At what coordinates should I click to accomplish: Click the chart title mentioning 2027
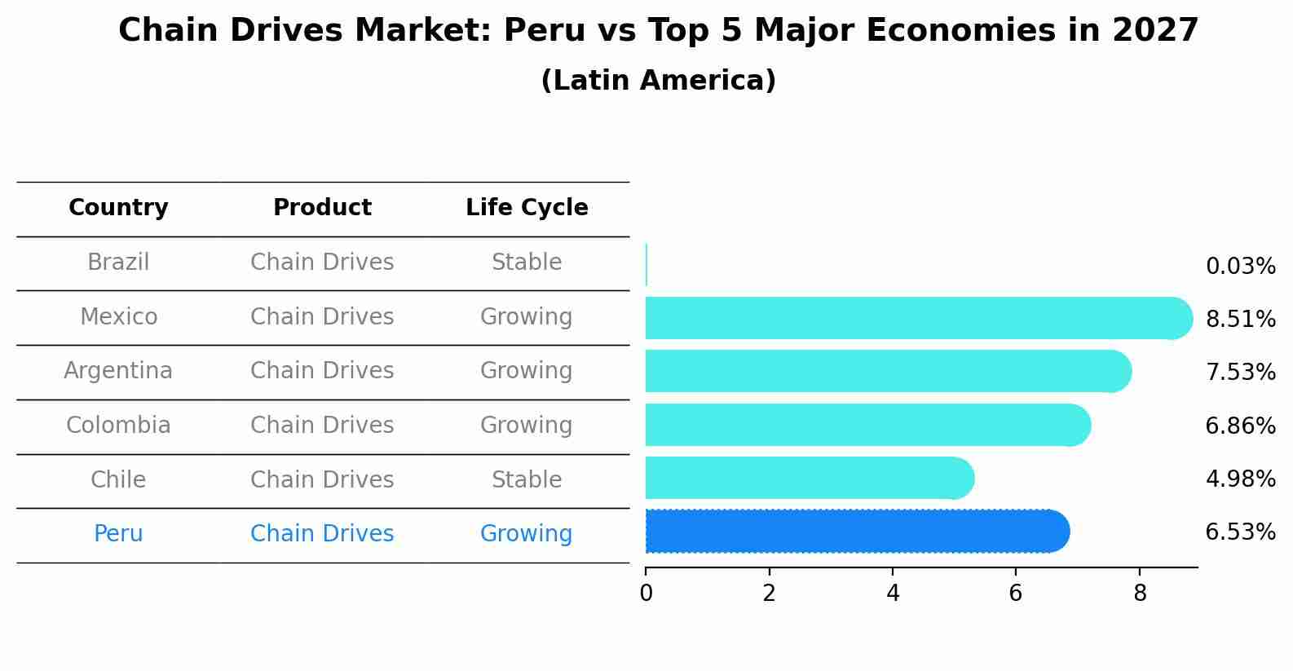coord(658,31)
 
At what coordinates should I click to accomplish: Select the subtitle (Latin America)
coord(658,81)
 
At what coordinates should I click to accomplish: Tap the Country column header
coord(118,208)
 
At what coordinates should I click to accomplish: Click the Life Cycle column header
coord(527,208)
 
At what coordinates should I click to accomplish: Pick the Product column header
coord(322,208)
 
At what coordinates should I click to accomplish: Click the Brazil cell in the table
coord(118,263)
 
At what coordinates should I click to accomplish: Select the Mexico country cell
coord(118,316)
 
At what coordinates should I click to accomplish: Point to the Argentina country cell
coord(118,371)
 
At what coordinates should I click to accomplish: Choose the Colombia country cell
coord(118,426)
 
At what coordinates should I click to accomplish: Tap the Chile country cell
coord(118,479)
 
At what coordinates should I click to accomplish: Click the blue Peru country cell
coord(118,534)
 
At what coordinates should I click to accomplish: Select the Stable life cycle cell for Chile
coord(527,479)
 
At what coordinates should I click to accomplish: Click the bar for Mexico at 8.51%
coord(913,318)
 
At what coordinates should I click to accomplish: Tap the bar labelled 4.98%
coord(807,478)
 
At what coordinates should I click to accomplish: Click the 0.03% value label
coord(1240,267)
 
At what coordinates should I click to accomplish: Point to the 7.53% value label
coord(1240,373)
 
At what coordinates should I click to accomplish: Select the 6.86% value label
coord(1240,426)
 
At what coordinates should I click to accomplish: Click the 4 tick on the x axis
coord(893,594)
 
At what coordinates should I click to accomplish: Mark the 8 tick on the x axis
coord(1140,594)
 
